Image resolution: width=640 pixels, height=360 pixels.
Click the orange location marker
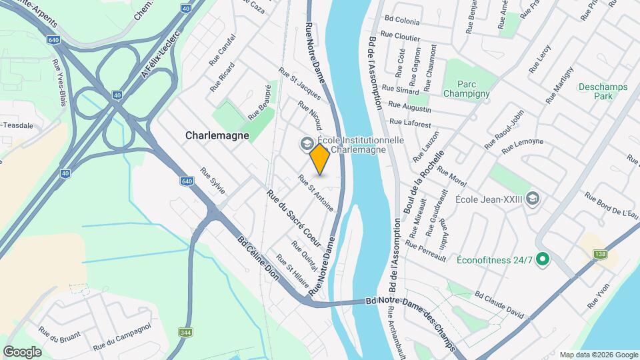[320, 159]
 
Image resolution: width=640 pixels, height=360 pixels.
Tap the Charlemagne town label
[217, 135]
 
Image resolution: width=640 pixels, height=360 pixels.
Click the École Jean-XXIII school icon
[532, 199]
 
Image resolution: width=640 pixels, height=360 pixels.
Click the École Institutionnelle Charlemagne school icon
[307, 143]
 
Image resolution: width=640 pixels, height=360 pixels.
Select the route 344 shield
[186, 332]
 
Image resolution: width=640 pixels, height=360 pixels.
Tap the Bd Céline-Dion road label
[265, 263]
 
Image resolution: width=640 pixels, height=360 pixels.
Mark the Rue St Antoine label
[315, 193]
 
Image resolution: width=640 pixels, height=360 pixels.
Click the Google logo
[22, 352]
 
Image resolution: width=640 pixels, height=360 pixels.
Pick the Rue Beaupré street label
[260, 102]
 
